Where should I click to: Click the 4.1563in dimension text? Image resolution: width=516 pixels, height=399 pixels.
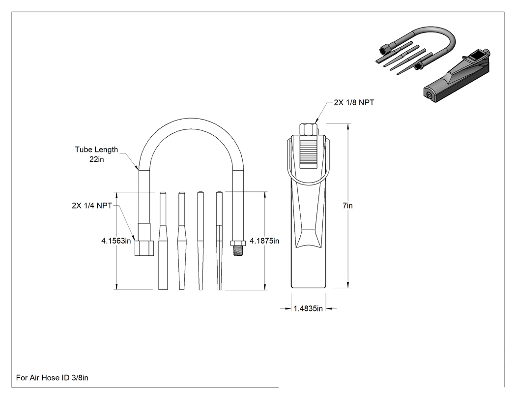point(116,241)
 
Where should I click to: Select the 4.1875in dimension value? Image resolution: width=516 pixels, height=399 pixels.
point(264,241)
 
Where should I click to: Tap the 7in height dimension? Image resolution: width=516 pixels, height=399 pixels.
point(347,206)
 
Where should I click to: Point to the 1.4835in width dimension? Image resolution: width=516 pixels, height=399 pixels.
point(308,308)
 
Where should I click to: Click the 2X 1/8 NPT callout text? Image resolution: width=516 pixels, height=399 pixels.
point(354,102)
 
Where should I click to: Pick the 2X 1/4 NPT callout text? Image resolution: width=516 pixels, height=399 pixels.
point(92,206)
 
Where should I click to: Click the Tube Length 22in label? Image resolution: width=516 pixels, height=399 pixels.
point(96,154)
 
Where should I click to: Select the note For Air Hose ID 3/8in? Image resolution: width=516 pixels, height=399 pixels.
point(52,377)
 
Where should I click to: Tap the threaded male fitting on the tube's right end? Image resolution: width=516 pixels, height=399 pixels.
point(238,248)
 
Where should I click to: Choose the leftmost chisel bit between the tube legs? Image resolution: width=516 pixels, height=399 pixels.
point(163,241)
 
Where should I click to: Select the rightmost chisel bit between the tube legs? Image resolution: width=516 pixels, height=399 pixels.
point(219,241)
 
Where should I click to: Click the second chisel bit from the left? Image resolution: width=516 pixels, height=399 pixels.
point(182,241)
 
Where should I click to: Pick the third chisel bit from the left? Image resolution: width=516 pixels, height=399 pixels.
point(201,241)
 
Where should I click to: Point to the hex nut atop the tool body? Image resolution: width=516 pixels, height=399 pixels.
point(308,129)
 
